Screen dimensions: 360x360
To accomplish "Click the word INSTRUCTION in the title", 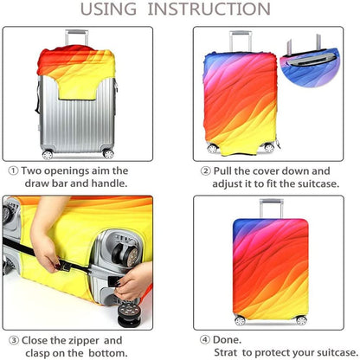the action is [x=209, y=9].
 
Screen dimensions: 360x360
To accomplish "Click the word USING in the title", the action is [x=108, y=9].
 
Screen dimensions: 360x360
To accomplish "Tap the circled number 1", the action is [x=13, y=170].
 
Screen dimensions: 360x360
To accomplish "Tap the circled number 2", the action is [x=205, y=170].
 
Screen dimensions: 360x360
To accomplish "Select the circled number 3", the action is [x=14, y=341].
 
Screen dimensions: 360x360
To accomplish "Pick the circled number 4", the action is [x=205, y=340].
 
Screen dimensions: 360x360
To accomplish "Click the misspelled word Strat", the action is [x=226, y=352].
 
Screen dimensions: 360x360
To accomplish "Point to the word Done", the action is [x=227, y=340].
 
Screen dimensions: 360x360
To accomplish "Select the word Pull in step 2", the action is [x=222, y=170].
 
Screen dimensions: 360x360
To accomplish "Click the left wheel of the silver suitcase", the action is [x=48, y=155].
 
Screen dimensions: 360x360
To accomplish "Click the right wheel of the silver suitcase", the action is [x=108, y=154].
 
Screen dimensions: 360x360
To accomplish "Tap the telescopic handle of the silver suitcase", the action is [x=77, y=37].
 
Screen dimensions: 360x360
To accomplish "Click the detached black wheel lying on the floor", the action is [x=130, y=314].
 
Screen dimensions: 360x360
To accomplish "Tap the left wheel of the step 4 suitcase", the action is [x=240, y=321].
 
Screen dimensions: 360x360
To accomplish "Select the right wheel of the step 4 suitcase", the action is [x=301, y=320].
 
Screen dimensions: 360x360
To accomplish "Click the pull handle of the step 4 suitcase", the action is [x=271, y=209].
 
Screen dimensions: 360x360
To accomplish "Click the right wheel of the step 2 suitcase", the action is [x=269, y=148].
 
